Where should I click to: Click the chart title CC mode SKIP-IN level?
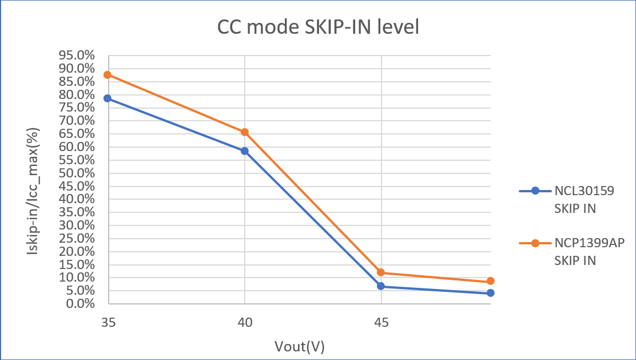(x=318, y=27)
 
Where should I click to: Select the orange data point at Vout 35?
(x=108, y=75)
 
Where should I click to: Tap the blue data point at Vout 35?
(x=108, y=98)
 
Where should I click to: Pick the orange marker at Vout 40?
(x=245, y=132)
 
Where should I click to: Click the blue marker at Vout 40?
(x=245, y=151)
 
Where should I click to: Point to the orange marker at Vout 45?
(x=381, y=272)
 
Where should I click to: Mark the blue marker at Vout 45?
(x=381, y=286)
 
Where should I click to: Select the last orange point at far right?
(x=491, y=281)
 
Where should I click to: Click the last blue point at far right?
(x=491, y=293)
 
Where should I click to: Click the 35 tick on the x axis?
(x=108, y=322)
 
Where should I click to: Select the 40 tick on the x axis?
(x=245, y=322)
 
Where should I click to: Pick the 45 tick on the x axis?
(x=381, y=322)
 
